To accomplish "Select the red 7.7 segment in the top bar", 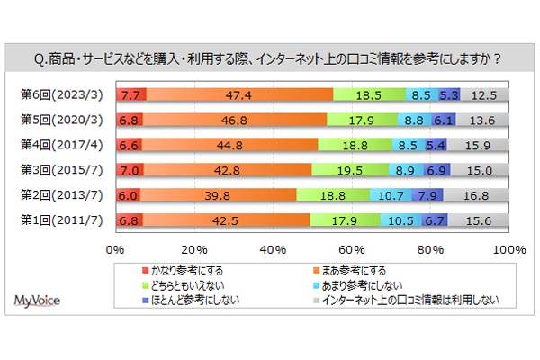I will click(130, 94).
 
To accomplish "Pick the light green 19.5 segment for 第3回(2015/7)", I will click(350, 169).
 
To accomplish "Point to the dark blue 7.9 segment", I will click(427, 194).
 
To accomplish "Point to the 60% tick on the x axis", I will click(353, 249).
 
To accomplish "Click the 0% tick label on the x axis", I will click(115, 249).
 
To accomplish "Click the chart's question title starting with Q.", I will click(270, 59).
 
